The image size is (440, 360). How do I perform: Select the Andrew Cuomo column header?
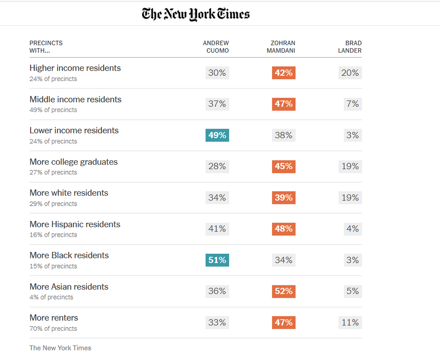pos(216,47)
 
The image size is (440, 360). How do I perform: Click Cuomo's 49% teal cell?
pos(217,135)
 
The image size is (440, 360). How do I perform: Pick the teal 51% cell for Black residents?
pos(217,260)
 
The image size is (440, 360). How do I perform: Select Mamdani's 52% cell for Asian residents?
pos(284,291)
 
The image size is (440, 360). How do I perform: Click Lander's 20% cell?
pos(350,73)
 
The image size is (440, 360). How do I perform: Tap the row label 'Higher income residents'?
pos(75,68)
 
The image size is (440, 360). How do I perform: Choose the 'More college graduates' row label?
pos(73,162)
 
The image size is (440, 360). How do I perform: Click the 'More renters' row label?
pos(54,318)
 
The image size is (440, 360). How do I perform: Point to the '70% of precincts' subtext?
pos(53,328)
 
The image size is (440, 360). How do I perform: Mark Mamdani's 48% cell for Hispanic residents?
pos(284,229)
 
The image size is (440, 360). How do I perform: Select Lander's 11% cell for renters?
pos(350,323)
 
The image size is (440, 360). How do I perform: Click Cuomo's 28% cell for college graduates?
pos(217,166)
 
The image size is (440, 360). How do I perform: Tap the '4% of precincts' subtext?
pos(51,297)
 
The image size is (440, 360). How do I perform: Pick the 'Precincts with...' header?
pos(46,47)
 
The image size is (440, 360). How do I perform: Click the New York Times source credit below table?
pos(60,348)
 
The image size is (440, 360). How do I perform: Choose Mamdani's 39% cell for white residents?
pos(284,198)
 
